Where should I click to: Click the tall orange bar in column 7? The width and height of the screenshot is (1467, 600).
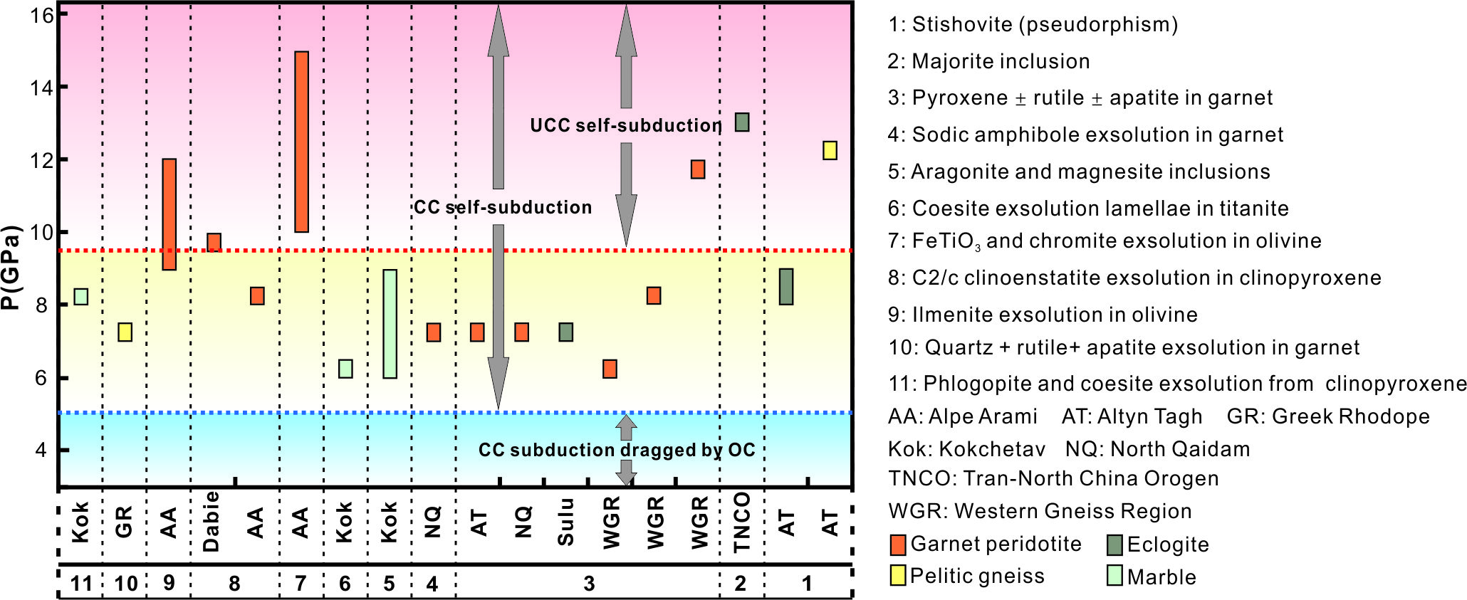301,142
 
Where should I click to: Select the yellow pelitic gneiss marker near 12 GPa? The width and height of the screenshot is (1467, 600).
830,150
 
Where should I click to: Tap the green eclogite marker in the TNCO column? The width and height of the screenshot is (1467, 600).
741,122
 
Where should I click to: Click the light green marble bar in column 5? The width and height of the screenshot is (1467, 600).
390,324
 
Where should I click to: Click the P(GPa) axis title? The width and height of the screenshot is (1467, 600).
11,267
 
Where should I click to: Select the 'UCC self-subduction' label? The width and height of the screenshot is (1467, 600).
625,126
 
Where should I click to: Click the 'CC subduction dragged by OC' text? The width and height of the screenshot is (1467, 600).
616,450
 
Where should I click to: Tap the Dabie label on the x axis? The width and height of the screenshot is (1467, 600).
212,522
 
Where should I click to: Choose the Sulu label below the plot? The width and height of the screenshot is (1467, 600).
565,522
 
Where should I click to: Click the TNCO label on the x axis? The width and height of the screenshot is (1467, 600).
742,522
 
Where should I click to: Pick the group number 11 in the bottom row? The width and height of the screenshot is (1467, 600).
81,584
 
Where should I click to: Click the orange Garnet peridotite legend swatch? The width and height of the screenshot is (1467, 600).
898,545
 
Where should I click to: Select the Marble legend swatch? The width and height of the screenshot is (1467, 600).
1114,576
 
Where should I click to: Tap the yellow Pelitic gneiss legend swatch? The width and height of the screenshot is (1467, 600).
898,576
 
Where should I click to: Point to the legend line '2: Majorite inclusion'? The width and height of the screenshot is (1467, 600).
988,62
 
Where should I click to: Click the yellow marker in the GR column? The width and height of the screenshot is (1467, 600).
125,332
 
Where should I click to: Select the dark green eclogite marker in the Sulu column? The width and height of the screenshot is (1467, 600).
565,332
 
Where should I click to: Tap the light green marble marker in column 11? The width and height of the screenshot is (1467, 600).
81,297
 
